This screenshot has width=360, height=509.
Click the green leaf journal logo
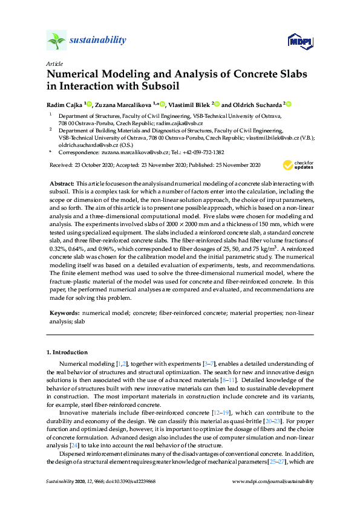[56, 41]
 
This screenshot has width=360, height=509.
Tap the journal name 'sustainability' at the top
[99, 41]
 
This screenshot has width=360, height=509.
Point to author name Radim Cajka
[65, 104]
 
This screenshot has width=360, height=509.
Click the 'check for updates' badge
[298, 165]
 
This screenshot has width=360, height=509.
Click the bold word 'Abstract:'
[63, 183]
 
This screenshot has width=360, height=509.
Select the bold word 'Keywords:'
[64, 314]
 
